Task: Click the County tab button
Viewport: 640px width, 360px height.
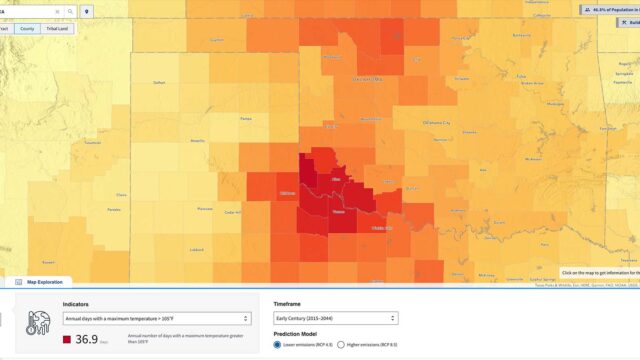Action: coord(28,29)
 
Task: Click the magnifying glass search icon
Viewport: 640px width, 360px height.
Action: coord(70,11)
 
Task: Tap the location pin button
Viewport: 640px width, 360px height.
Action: coord(87,11)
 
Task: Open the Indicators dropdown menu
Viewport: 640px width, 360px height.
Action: coord(156,319)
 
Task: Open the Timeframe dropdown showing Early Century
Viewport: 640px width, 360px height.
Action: coord(336,319)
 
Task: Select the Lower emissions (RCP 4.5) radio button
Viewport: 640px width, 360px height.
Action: coord(278,344)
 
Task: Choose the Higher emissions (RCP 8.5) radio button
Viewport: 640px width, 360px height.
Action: coord(341,344)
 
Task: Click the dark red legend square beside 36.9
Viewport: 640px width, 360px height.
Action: coord(67,340)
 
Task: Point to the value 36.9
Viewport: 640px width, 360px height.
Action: coord(86,340)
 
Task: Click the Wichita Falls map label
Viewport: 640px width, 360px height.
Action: coord(382,228)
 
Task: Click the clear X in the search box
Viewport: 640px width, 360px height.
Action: coord(57,11)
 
